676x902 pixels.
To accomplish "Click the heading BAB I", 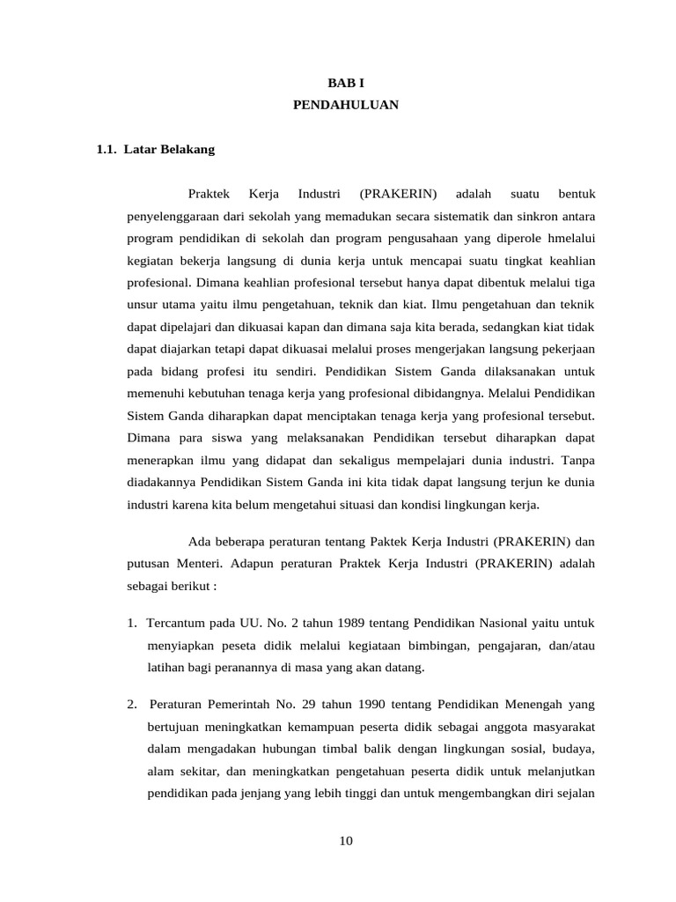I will (x=346, y=82).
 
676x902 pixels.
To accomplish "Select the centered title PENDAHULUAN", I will (x=346, y=106).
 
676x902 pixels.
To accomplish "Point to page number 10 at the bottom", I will (x=345, y=841).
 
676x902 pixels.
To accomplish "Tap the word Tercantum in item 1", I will (x=174, y=623).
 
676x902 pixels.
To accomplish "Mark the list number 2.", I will (x=132, y=704).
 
